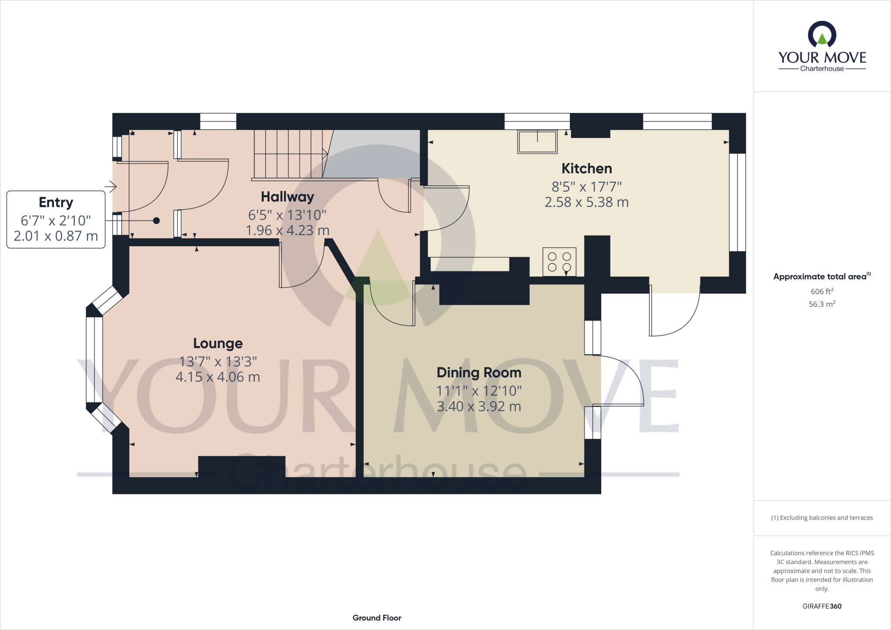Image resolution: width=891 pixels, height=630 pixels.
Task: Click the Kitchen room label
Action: [x=586, y=168]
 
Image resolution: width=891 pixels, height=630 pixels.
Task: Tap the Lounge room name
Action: [x=218, y=343]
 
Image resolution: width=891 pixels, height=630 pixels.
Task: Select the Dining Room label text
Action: [x=479, y=372]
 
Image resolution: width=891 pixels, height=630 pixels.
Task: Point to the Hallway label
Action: [x=287, y=197]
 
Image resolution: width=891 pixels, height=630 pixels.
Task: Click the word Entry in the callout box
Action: [x=56, y=202]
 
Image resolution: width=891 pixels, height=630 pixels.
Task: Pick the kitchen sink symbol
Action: [x=537, y=142]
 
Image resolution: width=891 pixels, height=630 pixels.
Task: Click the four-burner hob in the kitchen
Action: [x=559, y=261]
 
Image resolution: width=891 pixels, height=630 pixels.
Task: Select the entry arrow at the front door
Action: [x=111, y=187]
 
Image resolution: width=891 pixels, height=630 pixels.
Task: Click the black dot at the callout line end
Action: [x=156, y=221]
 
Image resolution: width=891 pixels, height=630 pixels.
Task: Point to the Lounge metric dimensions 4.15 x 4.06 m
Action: [x=218, y=377]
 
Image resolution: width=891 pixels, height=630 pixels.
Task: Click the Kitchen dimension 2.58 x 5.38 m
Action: [x=586, y=202]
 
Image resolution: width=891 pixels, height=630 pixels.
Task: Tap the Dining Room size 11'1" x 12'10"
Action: [x=479, y=391]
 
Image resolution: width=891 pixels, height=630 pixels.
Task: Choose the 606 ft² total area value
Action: [x=822, y=292]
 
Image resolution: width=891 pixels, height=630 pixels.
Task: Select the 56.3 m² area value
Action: [x=822, y=304]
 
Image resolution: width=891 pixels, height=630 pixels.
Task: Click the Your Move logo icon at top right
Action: [x=822, y=35]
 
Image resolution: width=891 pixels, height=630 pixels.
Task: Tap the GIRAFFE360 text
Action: [x=822, y=606]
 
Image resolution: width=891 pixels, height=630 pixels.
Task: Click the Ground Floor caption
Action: [x=377, y=618]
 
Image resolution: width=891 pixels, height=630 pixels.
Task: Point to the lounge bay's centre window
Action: [x=94, y=360]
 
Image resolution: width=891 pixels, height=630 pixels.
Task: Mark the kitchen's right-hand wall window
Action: [x=737, y=202]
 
